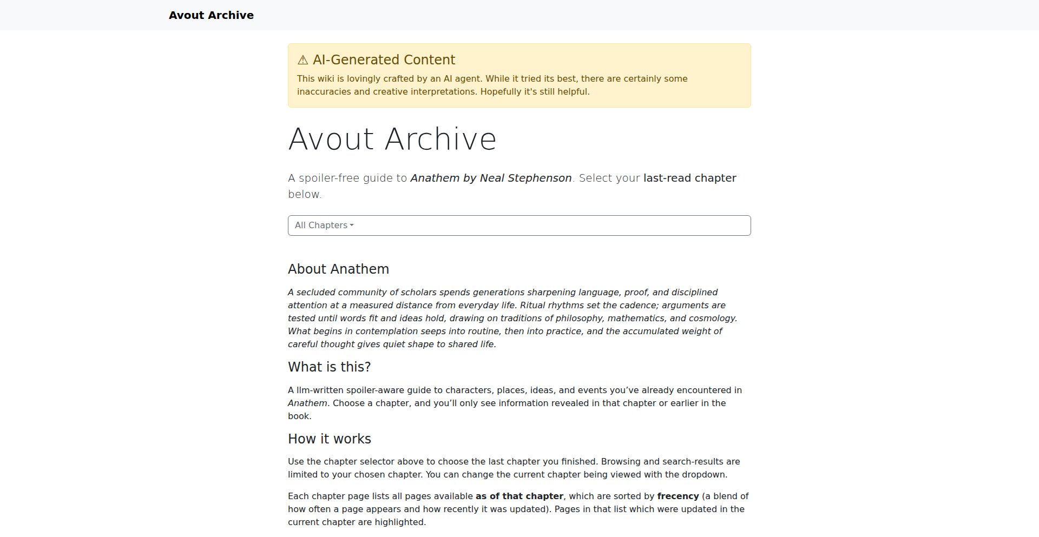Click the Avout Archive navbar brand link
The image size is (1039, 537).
211,15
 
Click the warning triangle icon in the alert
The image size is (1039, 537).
303,60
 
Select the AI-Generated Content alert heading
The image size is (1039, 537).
384,59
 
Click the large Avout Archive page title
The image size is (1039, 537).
392,139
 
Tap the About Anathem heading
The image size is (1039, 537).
338,269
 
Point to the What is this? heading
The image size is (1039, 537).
329,367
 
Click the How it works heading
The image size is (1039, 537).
329,439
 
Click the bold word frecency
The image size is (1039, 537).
678,496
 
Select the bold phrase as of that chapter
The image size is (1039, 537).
519,496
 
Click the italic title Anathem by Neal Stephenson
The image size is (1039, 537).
491,178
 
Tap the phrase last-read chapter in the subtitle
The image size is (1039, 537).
689,178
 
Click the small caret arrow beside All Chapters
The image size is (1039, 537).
352,226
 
